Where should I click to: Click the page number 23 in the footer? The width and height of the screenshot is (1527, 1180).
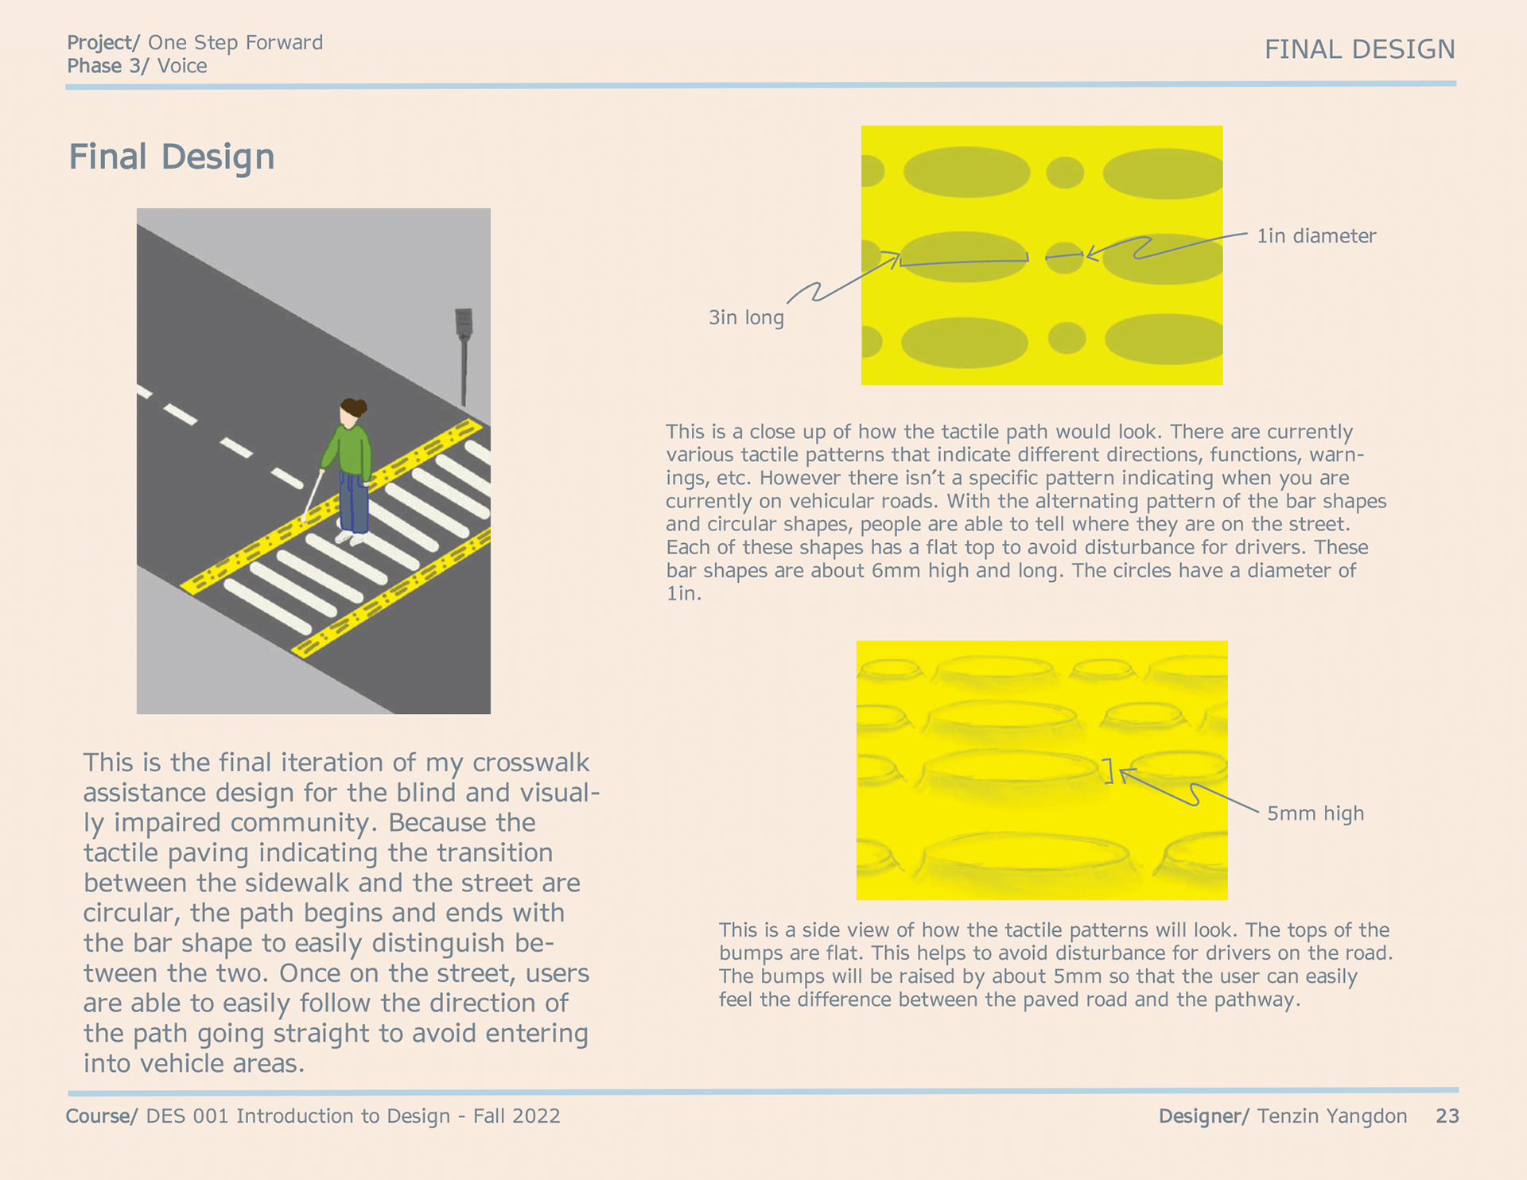(x=1447, y=1116)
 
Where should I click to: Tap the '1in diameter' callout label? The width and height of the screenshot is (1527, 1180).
(x=1316, y=236)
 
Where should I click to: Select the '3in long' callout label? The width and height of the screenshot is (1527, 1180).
(x=746, y=318)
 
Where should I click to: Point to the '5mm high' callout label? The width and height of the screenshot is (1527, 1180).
(x=1315, y=813)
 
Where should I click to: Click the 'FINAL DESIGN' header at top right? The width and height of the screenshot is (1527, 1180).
(x=1359, y=49)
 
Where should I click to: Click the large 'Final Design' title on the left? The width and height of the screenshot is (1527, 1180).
(x=172, y=157)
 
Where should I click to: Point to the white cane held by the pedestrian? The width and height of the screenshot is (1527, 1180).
(x=313, y=495)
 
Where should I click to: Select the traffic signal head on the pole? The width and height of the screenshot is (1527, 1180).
(x=464, y=322)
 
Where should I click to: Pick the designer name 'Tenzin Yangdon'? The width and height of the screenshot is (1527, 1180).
(x=1332, y=1116)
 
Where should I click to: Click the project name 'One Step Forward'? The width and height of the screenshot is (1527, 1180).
(x=235, y=42)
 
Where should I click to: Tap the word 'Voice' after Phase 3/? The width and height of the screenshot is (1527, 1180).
(x=182, y=66)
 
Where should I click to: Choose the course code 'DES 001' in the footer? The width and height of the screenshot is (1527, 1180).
(x=188, y=1116)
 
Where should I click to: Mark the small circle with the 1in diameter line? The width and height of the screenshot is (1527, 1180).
(x=1064, y=258)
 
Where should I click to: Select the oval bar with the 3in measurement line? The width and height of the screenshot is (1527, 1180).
(x=964, y=256)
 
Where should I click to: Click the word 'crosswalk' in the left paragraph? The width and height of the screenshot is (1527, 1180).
(x=530, y=763)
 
